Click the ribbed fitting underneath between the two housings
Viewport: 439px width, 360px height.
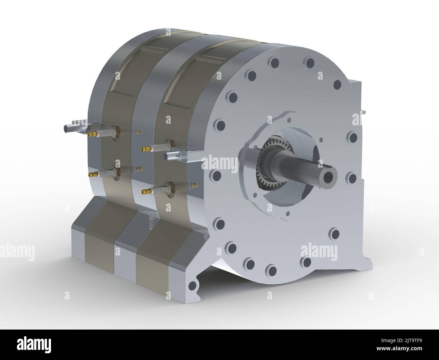coord(151,223)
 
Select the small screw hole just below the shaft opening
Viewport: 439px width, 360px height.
coord(287,213)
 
